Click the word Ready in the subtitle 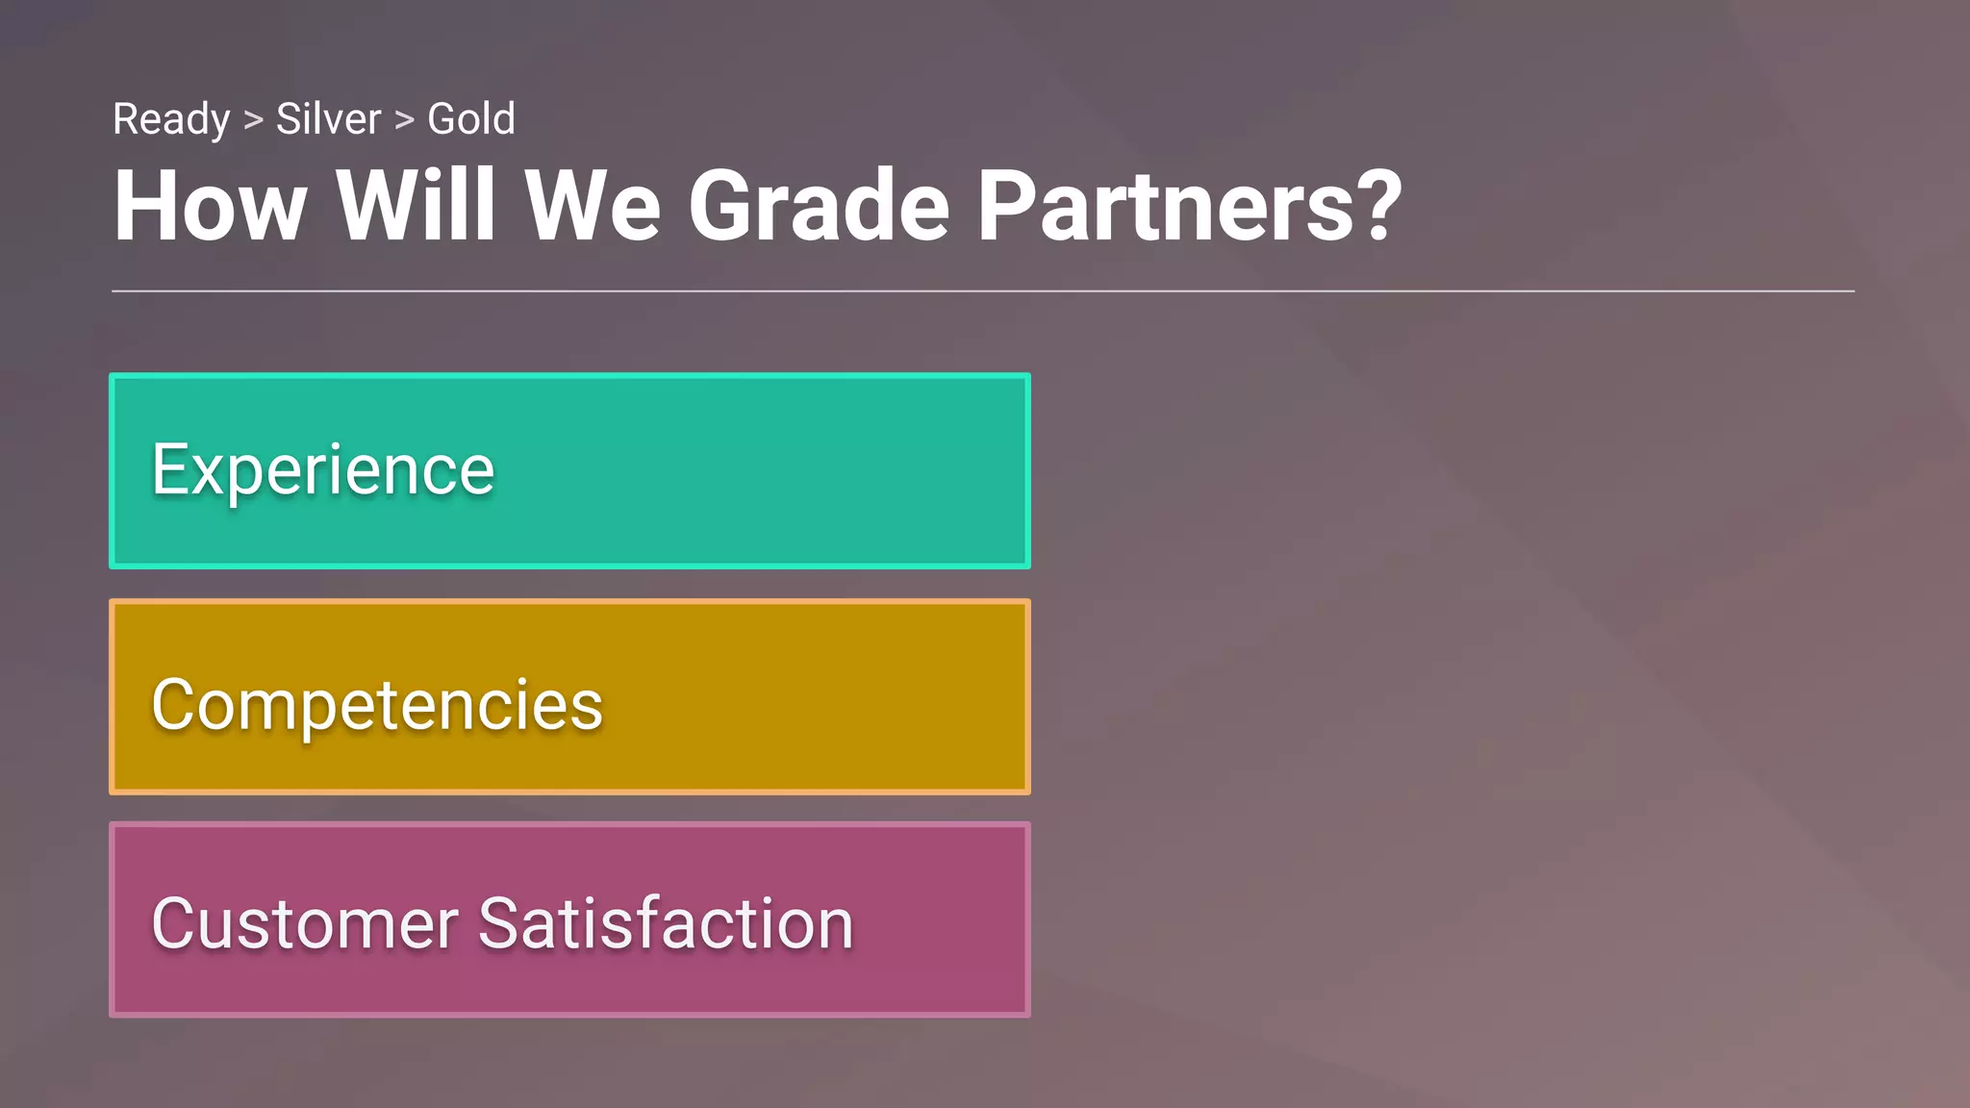click(x=171, y=120)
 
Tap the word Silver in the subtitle click(x=328, y=119)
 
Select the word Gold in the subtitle click(x=471, y=119)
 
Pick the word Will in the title click(x=416, y=206)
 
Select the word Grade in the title click(x=819, y=206)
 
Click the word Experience click(x=323, y=470)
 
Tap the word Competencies click(x=377, y=705)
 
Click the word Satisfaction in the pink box click(x=666, y=923)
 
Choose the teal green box click(x=770, y=470)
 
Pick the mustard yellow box click(x=818, y=697)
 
